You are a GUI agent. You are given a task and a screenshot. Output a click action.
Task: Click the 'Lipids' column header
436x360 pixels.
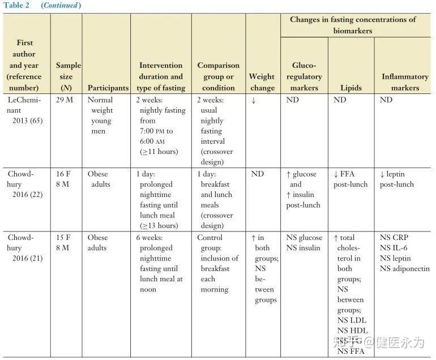click(351, 88)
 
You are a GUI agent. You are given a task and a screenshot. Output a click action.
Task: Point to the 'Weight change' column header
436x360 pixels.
click(262, 82)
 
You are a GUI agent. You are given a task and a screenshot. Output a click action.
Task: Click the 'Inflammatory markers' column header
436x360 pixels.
click(404, 82)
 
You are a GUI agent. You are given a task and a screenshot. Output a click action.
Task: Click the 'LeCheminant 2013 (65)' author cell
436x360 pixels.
click(24, 110)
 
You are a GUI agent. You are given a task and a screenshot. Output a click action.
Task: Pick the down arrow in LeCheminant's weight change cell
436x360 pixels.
click(253, 100)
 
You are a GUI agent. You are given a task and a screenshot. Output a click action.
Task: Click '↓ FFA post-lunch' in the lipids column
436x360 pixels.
click(350, 179)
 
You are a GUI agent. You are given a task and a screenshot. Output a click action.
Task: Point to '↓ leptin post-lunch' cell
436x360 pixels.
click(396, 179)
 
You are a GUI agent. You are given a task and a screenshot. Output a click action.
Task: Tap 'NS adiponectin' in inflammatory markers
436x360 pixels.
click(404, 268)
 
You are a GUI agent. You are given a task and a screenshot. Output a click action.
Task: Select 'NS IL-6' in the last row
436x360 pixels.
click(395, 248)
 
